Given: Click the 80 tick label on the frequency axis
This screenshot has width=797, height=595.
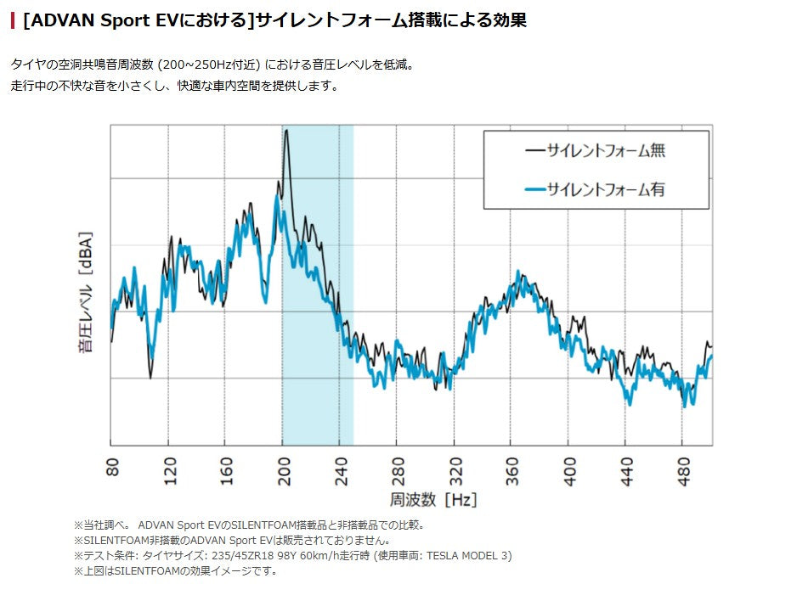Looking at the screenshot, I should click(112, 469).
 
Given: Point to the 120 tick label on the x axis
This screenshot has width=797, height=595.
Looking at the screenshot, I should click(169, 471).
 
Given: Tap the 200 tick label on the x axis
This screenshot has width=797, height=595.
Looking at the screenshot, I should click(283, 471).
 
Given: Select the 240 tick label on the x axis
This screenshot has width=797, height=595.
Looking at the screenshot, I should click(340, 471).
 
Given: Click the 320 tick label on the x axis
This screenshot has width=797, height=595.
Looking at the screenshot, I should click(454, 471).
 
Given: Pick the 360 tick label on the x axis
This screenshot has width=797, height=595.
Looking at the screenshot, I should click(512, 471).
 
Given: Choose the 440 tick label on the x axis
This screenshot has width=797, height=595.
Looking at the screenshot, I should click(625, 471).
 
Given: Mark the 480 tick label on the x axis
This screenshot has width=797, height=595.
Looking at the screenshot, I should click(682, 471).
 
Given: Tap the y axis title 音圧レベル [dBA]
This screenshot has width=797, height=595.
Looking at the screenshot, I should click(86, 292).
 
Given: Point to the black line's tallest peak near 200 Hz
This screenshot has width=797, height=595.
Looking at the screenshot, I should click(286, 131).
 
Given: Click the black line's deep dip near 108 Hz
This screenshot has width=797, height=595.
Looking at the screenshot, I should click(150, 377).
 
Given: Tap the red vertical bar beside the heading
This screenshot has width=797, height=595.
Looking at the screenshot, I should click(13, 20).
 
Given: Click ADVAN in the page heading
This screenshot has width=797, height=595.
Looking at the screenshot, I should click(56, 20).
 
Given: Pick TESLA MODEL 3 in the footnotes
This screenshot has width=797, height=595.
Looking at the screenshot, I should click(468, 555).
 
